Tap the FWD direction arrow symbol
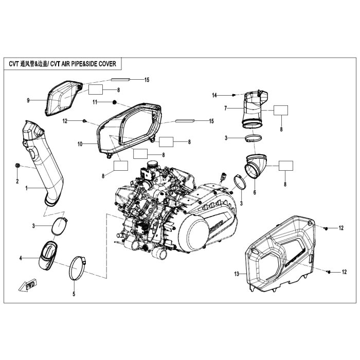[25, 286]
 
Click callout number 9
[29, 100]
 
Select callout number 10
[80, 145]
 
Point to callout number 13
[237, 275]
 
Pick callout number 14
[215, 95]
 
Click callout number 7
[225, 108]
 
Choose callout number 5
[73, 294]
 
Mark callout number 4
[21, 258]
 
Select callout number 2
[16, 182]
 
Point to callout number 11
[95, 102]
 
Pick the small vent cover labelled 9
[64, 98]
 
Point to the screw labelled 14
[234, 95]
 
